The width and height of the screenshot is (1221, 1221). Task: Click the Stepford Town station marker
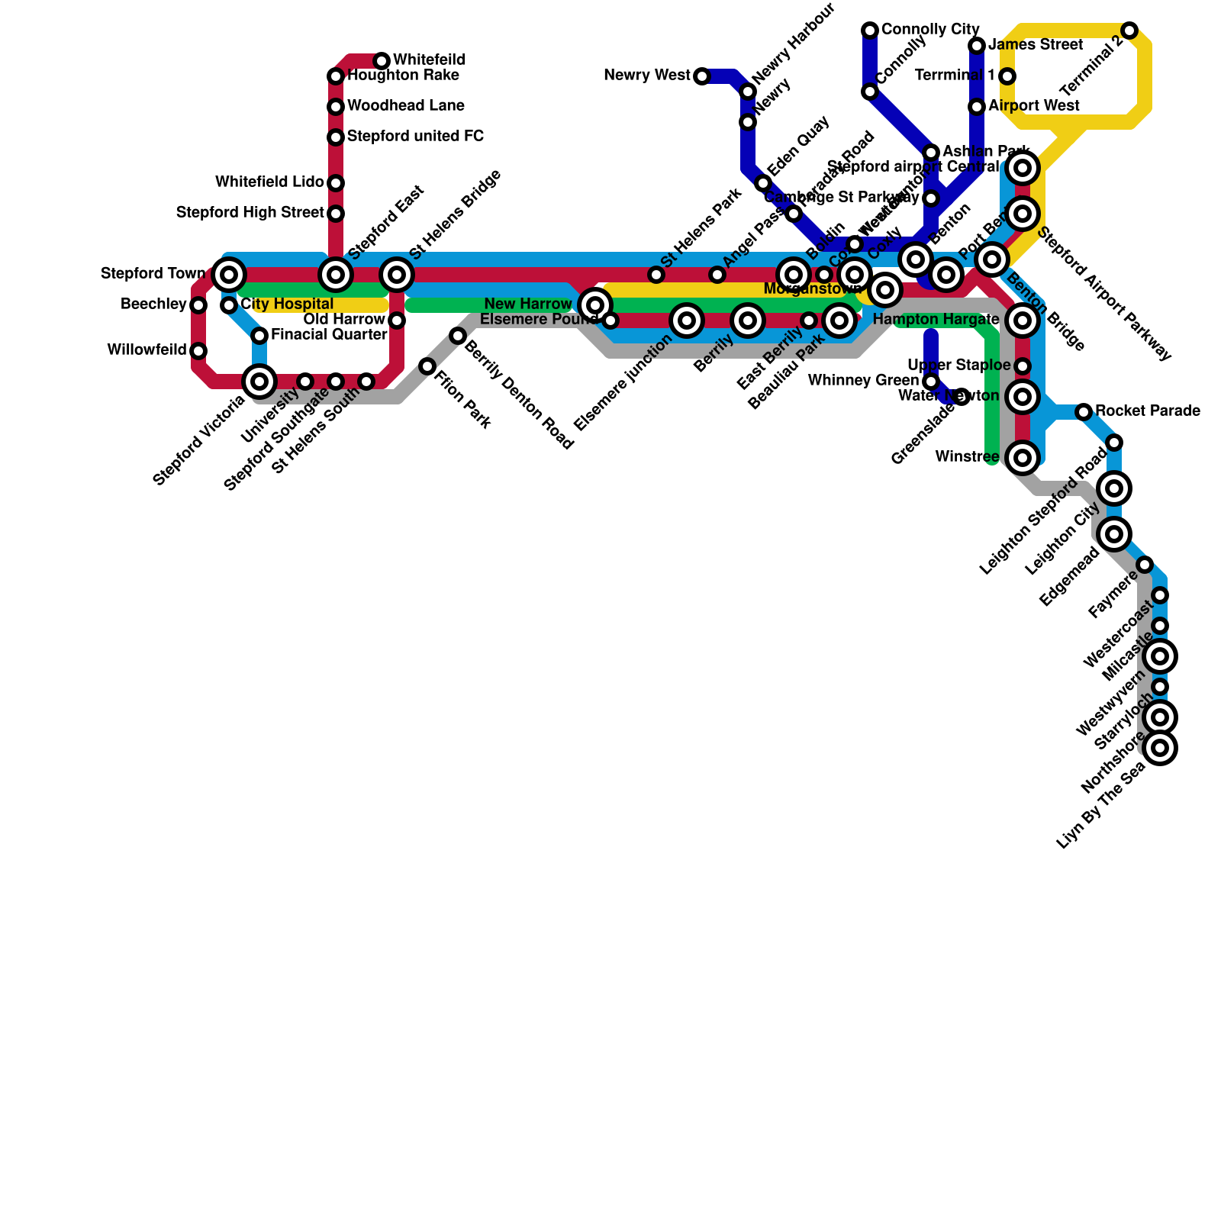(x=228, y=274)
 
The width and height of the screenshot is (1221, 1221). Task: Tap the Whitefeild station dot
(x=382, y=60)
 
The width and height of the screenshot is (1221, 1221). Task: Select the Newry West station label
(x=646, y=76)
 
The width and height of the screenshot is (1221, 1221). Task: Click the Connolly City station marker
(x=870, y=31)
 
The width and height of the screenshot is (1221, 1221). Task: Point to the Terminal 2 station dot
(x=1129, y=31)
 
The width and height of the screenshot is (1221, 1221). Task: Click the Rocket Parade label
(x=1148, y=411)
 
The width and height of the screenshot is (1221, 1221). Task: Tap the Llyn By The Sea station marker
(x=1160, y=748)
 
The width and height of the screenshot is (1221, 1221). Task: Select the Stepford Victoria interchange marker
(x=259, y=381)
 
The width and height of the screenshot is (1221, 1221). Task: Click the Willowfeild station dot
(x=198, y=351)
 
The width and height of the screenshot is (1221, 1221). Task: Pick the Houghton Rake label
(x=403, y=76)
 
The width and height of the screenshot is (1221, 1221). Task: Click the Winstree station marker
(x=1023, y=458)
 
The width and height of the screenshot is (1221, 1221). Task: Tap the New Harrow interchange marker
(x=595, y=305)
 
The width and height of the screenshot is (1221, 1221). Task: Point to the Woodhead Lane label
(x=405, y=106)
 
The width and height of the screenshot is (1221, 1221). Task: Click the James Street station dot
(x=977, y=46)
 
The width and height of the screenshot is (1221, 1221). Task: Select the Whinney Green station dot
(x=931, y=382)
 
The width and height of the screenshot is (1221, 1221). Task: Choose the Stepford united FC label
(x=415, y=137)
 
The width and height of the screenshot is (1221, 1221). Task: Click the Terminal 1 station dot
(x=1007, y=76)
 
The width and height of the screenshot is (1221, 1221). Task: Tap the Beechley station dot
(x=198, y=305)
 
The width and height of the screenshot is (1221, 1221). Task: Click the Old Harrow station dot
(x=397, y=321)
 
